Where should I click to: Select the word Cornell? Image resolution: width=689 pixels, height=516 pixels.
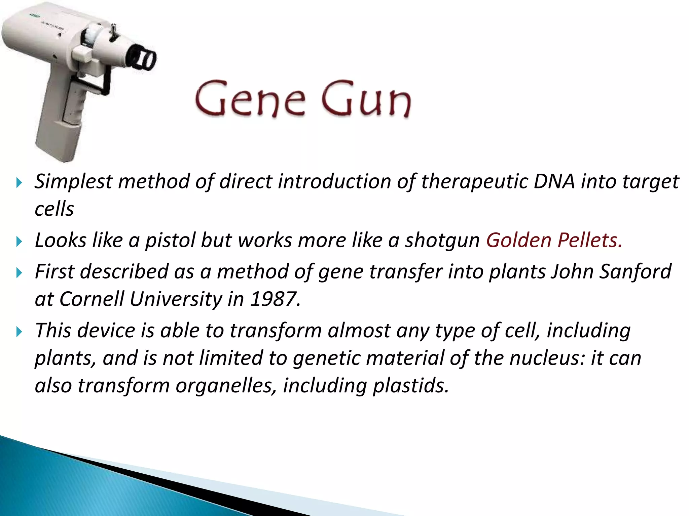[92, 299]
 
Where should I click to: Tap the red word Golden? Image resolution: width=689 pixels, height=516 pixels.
[518, 240]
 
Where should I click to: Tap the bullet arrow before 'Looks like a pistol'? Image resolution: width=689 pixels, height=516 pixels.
[19, 241]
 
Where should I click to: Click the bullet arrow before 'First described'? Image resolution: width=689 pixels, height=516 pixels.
[19, 272]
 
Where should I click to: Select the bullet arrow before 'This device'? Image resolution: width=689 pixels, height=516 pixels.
[19, 332]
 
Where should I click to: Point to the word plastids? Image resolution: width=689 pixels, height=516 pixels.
[411, 385]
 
